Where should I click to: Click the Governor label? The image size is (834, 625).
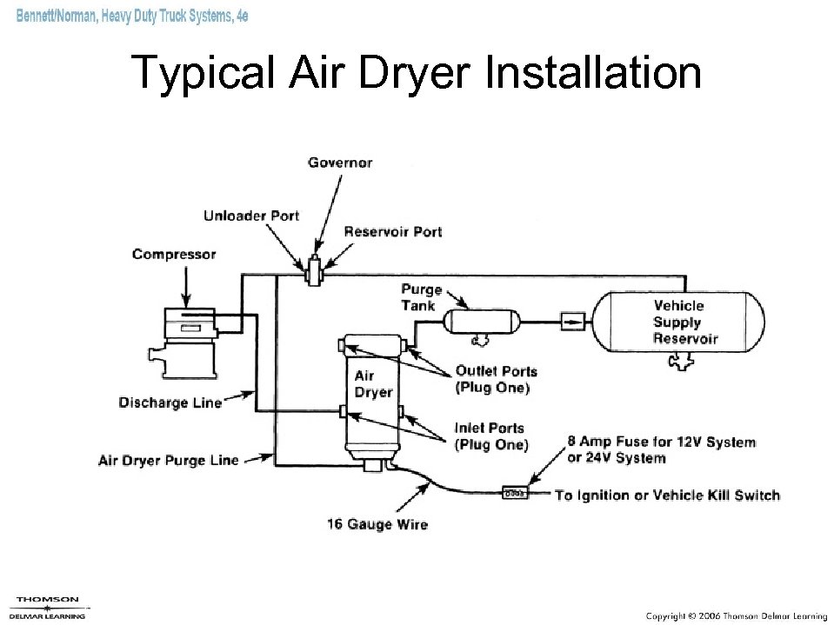tap(340, 163)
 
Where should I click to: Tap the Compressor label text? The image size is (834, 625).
tap(174, 254)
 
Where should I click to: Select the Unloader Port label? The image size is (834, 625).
tap(251, 216)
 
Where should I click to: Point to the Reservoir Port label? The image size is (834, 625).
tap(392, 231)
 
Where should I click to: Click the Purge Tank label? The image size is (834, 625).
tap(422, 296)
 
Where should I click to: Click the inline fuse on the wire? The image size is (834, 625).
tap(515, 494)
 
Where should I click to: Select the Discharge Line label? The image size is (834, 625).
tap(170, 402)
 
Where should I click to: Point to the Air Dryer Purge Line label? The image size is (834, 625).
tap(168, 460)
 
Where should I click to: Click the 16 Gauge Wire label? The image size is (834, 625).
tap(377, 523)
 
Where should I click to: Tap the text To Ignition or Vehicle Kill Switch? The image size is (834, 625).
tap(667, 495)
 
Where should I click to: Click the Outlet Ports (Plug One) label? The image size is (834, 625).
tap(496, 379)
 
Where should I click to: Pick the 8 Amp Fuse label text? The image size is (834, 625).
tap(661, 449)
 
